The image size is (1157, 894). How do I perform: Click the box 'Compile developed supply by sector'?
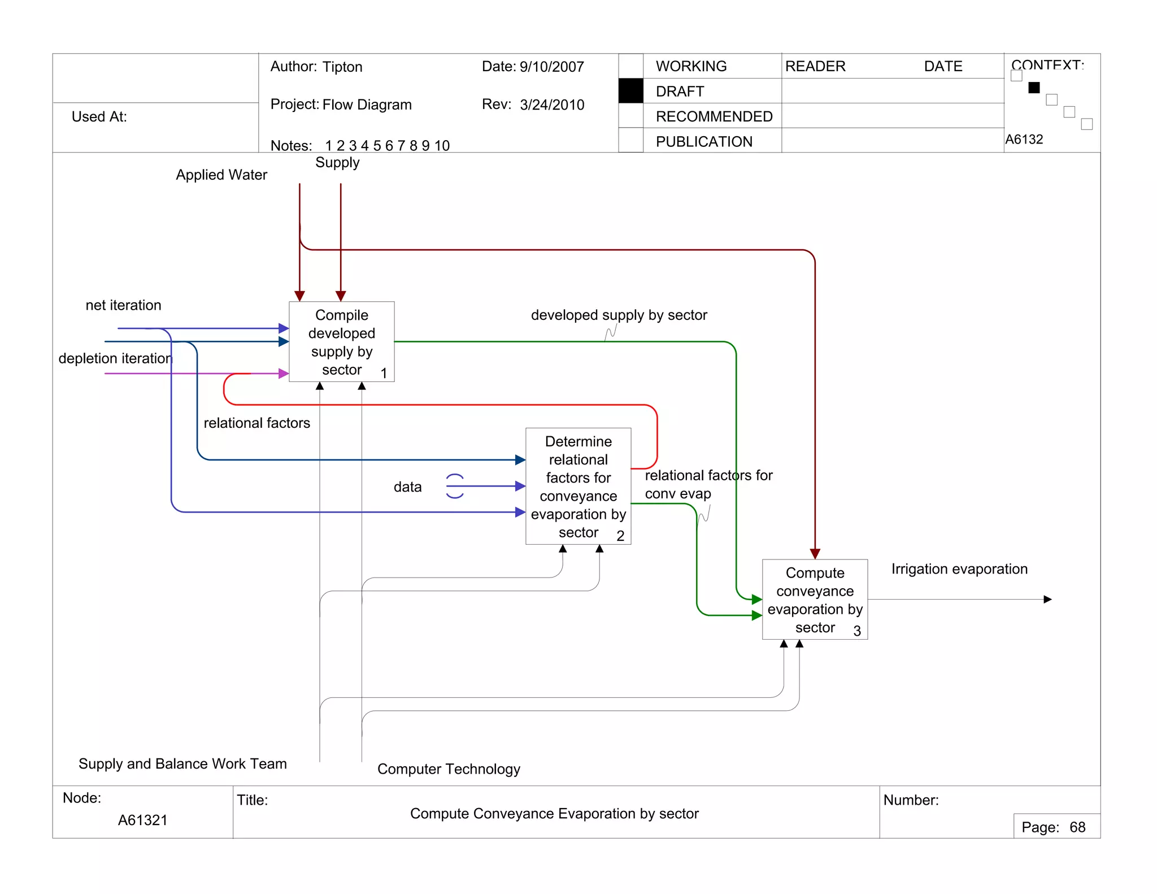(x=341, y=342)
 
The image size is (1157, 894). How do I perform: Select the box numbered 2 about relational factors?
(x=578, y=486)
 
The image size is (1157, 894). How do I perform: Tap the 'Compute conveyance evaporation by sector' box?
(x=814, y=599)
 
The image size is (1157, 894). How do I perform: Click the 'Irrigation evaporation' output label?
(x=959, y=569)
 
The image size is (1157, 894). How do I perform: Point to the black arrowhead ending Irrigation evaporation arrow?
(x=1047, y=599)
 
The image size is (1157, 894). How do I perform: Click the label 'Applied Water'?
(x=221, y=175)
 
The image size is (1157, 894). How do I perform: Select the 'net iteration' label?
(x=123, y=305)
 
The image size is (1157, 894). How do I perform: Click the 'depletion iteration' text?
(x=115, y=358)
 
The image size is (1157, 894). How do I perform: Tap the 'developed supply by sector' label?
(x=619, y=315)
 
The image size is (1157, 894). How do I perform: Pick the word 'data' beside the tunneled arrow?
(x=407, y=487)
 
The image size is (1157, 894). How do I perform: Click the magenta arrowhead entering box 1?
(x=284, y=374)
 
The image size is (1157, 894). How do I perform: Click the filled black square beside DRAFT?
(x=630, y=91)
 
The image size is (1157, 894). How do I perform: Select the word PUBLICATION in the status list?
(x=704, y=141)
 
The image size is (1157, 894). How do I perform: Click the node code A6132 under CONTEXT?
(x=1024, y=139)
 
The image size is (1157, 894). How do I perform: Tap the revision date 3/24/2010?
(x=552, y=105)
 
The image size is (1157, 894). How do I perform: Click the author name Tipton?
(x=342, y=67)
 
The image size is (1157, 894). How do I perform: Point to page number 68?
(x=1077, y=827)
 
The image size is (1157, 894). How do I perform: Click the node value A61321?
(x=142, y=820)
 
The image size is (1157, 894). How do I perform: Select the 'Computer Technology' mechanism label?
(x=449, y=769)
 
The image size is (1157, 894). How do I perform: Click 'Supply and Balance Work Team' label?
(x=182, y=763)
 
